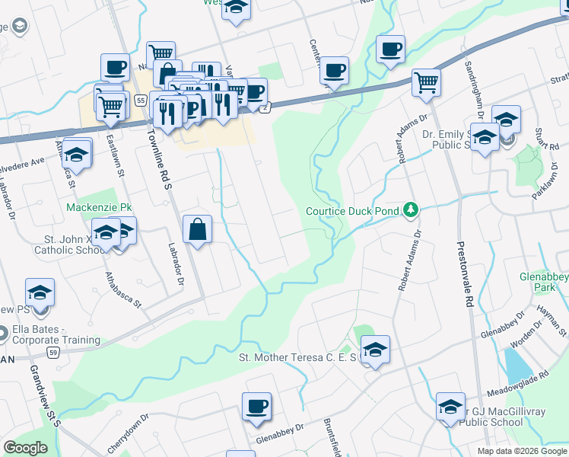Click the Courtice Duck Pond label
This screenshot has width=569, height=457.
(352, 211)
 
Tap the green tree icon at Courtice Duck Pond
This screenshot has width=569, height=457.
(411, 209)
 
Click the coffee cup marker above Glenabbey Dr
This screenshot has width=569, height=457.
(257, 406)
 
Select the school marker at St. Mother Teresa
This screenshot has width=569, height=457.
(374, 349)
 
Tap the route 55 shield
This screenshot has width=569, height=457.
(140, 101)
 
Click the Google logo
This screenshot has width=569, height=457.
(25, 448)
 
